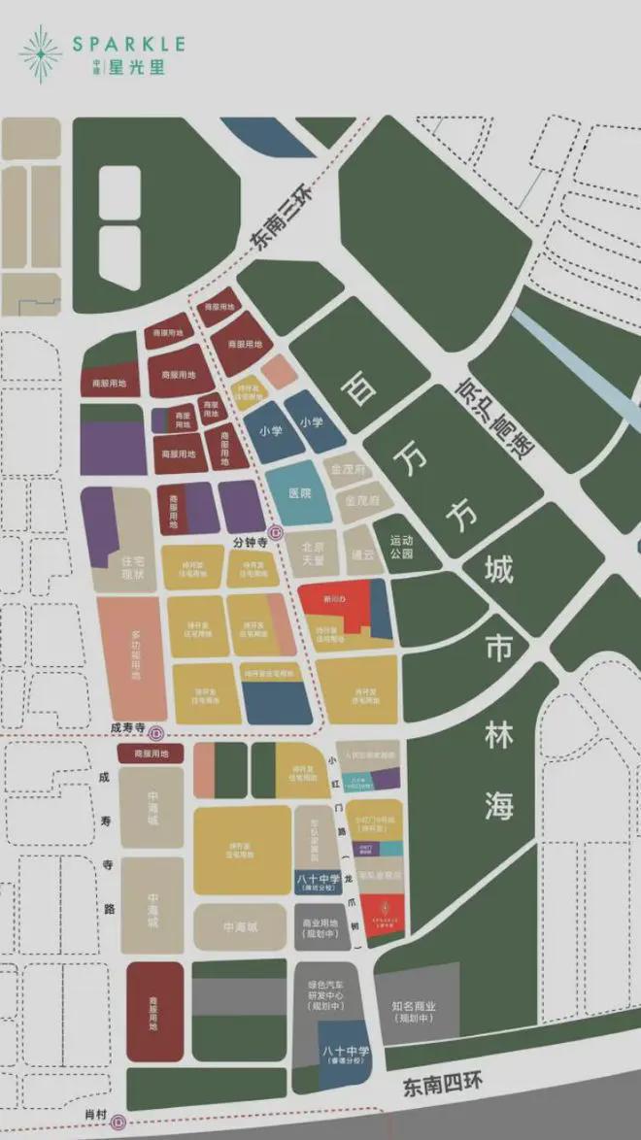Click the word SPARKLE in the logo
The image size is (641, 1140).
click(x=128, y=45)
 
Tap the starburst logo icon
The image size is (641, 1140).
click(x=40, y=53)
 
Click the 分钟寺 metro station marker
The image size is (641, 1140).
click(x=276, y=532)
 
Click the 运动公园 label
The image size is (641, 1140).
click(x=402, y=548)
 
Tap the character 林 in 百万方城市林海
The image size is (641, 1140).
click(x=497, y=740)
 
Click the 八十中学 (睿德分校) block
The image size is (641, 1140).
click(x=343, y=1052)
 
